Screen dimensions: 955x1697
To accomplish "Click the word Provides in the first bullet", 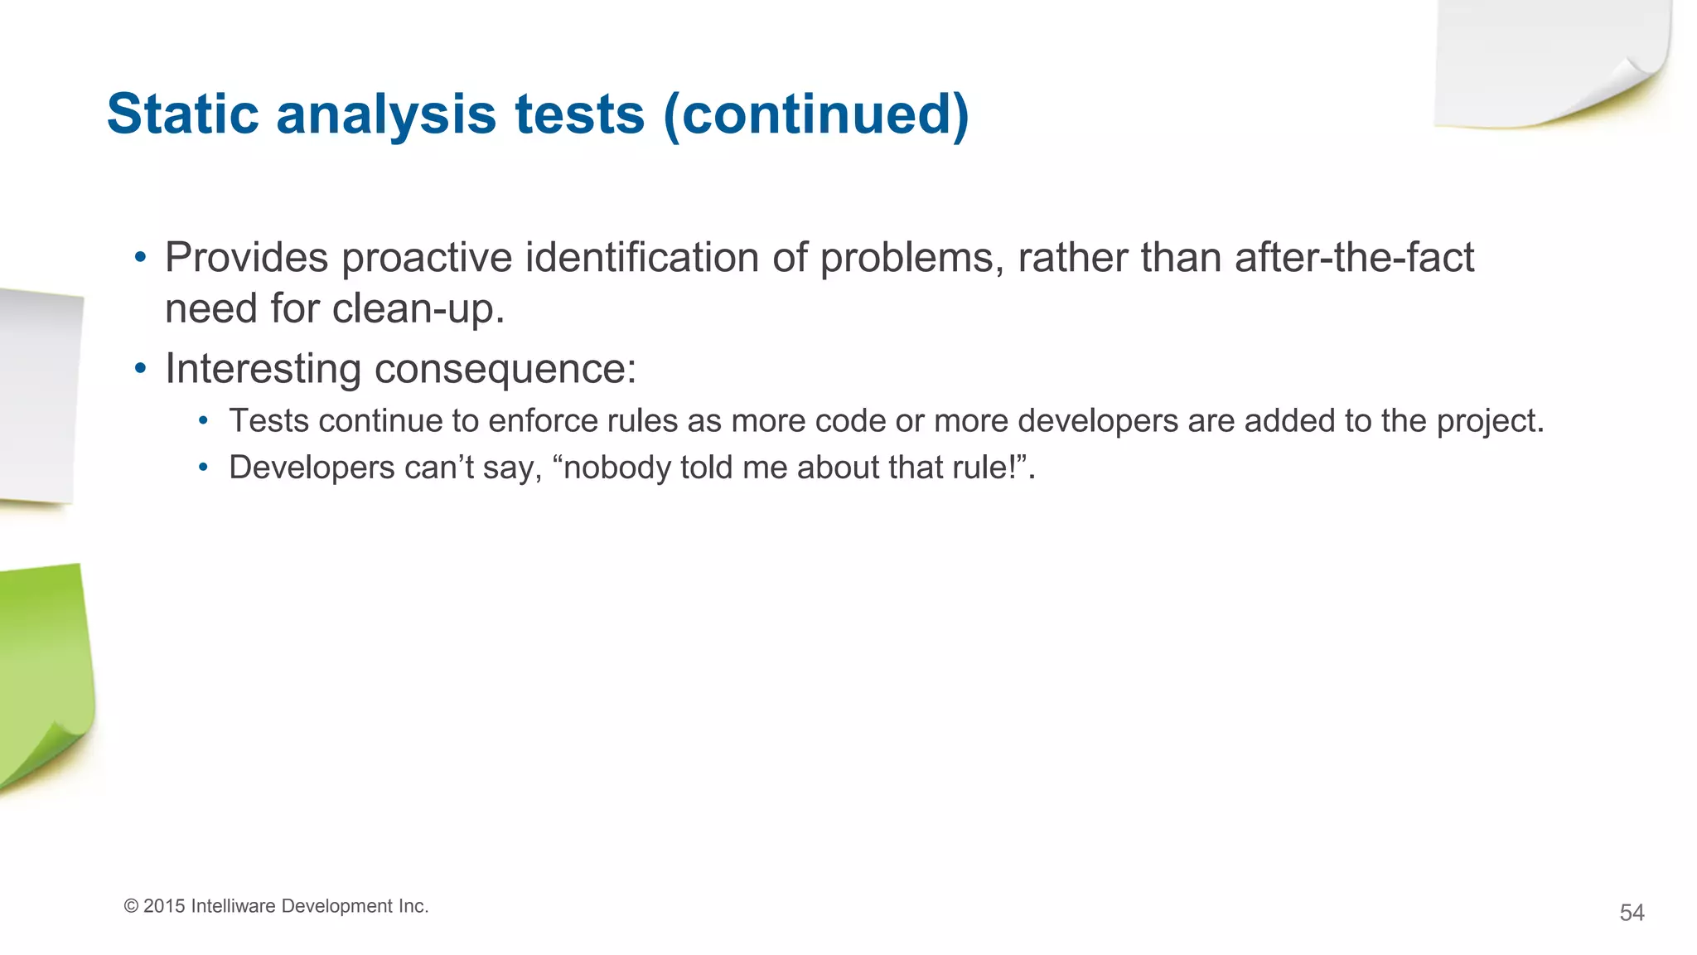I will pyautogui.click(x=246, y=258).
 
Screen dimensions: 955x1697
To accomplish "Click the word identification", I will pyautogui.click(x=643, y=258).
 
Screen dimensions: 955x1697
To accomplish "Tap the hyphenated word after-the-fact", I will pyautogui.click(x=1354, y=258).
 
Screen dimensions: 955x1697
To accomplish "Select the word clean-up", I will pyautogui.click(x=418, y=309).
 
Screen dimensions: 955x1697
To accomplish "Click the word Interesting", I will pyautogui.click(x=263, y=369).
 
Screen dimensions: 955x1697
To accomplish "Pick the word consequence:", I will pyautogui.click(x=505, y=369).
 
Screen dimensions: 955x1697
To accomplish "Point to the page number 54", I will pyautogui.click(x=1632, y=913).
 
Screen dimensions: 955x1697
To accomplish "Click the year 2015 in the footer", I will pyautogui.click(x=164, y=906).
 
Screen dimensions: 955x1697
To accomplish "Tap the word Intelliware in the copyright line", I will pyautogui.click(x=233, y=906).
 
